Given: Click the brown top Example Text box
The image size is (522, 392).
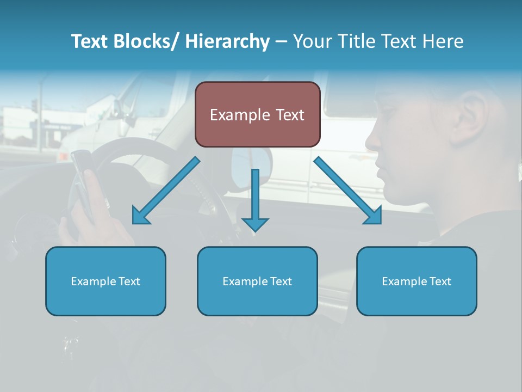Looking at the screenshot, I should pos(257,114).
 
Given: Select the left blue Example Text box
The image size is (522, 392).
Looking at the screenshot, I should pos(105,281).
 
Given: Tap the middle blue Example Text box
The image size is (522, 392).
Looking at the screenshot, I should pos(257,281).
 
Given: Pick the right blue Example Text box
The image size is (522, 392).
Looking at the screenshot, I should pos(417,281).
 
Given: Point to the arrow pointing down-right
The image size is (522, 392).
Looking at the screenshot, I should pos(347,191).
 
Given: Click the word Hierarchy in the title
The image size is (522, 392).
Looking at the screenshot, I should pos(227,41).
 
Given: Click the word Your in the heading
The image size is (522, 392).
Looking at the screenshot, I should pos(311,41).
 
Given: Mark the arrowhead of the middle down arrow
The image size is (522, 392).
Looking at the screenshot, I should pos(255,224).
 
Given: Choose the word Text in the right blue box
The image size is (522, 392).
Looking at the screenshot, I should pos(440,281).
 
